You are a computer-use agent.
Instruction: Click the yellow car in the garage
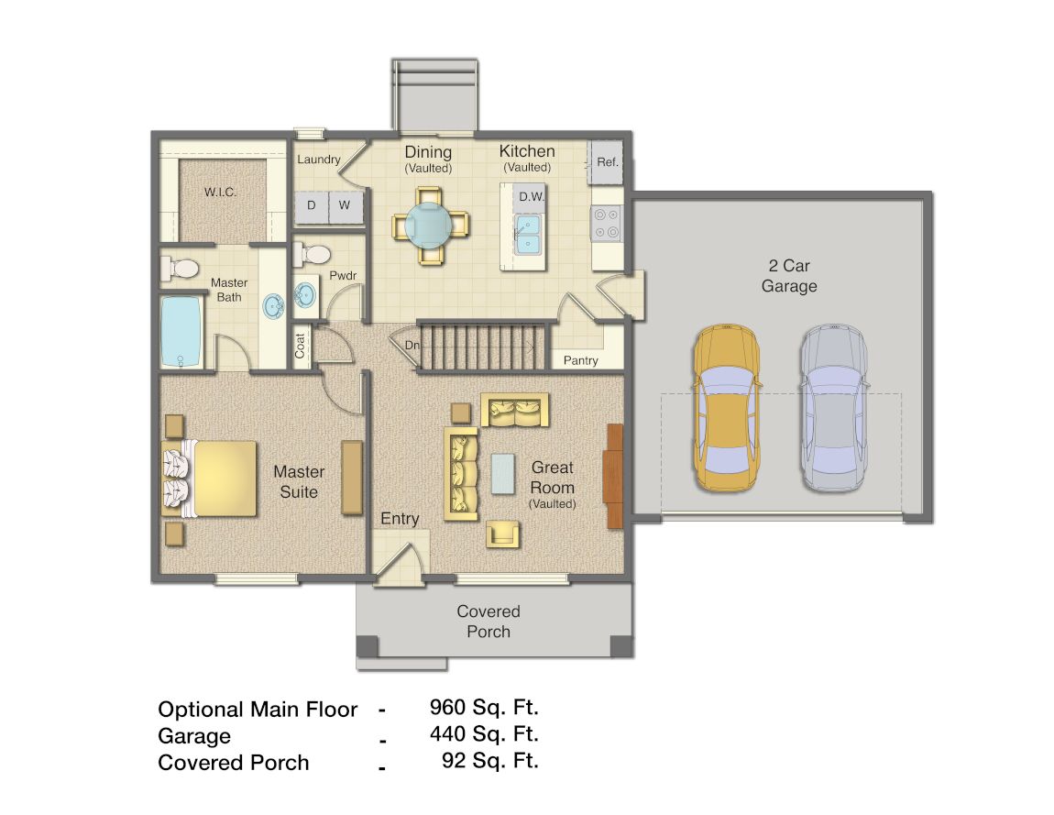[727, 408]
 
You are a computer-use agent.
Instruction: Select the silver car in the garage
[832, 408]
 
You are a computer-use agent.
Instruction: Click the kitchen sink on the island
[528, 234]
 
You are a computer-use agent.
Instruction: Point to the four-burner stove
[607, 223]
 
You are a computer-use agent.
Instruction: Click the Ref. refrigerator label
[607, 161]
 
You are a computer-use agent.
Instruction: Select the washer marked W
[345, 204]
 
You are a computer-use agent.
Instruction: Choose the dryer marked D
[312, 204]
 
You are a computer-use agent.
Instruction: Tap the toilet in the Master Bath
[181, 269]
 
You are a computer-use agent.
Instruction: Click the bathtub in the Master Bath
[181, 330]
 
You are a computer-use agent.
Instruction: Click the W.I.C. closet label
[221, 193]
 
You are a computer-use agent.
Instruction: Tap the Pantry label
[581, 360]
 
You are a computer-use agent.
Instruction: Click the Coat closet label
[301, 346]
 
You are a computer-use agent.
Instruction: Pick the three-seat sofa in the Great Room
[462, 473]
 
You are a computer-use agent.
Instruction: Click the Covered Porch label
[489, 622]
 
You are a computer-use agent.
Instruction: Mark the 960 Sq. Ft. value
[484, 707]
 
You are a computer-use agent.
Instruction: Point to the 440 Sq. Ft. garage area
[484, 733]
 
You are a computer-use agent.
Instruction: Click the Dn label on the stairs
[412, 346]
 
